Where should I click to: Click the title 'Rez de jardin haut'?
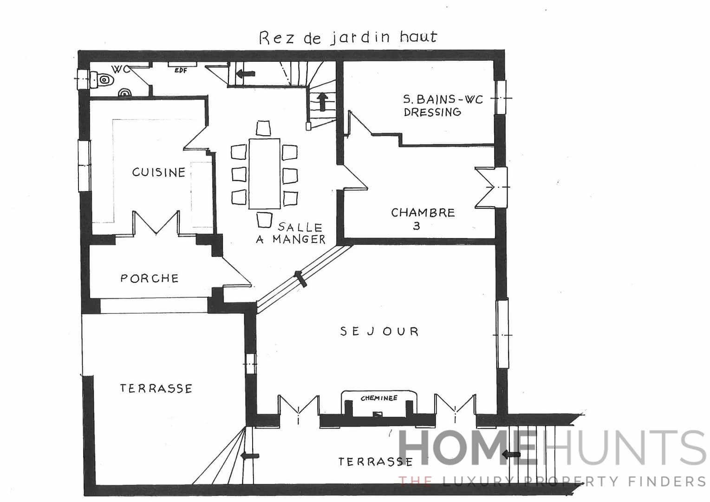click(348, 37)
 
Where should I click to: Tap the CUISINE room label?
click(158, 172)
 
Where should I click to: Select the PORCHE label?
click(149, 278)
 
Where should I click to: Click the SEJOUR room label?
click(379, 331)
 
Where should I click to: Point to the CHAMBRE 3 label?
click(422, 218)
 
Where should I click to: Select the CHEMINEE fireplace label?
click(379, 398)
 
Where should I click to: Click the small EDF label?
click(181, 71)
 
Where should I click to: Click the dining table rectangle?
click(264, 173)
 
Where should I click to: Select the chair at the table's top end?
click(263, 128)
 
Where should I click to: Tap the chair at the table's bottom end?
click(264, 219)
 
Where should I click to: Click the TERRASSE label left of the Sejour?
click(156, 389)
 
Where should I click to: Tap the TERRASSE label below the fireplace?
click(375, 462)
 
